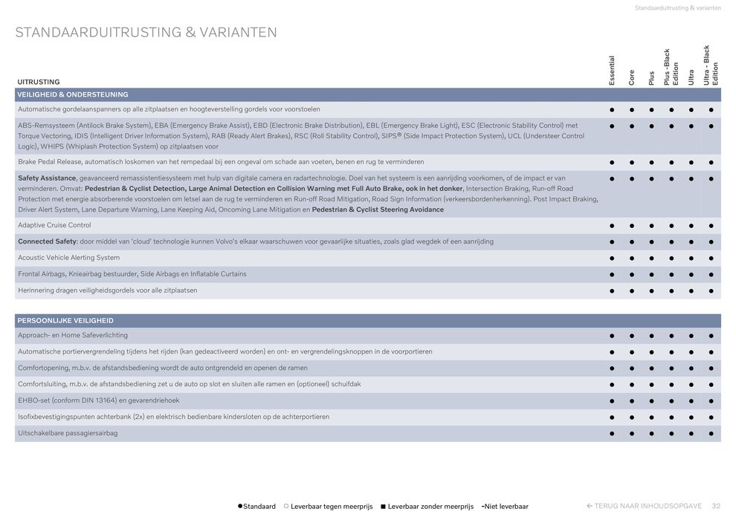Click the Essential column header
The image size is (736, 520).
point(612,71)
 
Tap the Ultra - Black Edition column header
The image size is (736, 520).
point(711,65)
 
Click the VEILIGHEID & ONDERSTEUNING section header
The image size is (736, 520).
point(73,94)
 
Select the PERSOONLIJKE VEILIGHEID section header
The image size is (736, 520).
point(65,320)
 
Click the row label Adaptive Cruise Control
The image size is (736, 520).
point(54,225)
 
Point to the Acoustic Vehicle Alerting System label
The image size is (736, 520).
point(68,258)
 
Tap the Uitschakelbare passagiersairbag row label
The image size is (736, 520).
point(68,433)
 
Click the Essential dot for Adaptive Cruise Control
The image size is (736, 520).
point(612,226)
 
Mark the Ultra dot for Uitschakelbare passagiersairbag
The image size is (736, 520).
point(691,434)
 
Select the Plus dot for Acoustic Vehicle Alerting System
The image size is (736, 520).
point(651,259)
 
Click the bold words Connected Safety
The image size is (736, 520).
point(47,241)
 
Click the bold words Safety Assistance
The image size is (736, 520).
point(47,178)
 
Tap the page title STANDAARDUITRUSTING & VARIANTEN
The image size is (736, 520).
point(146,33)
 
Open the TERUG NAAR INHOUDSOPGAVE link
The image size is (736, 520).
point(644,506)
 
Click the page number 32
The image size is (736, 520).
point(716,506)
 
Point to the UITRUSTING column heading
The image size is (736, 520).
point(39,82)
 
